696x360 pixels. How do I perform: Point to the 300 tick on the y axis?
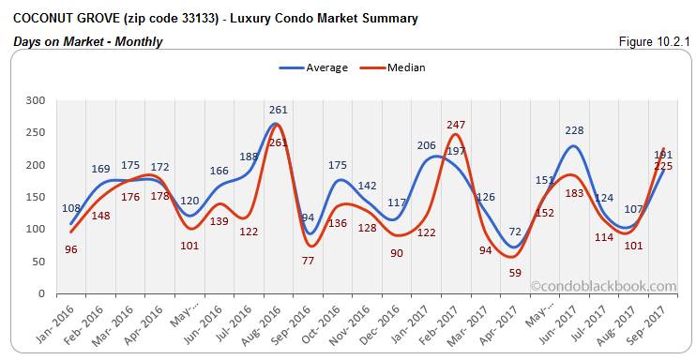tap(37, 100)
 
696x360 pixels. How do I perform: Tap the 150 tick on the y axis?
tap(37, 197)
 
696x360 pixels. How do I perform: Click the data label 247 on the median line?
tap(457, 124)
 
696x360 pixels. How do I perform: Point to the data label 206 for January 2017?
tap(426, 145)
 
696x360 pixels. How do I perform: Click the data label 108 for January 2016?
tap(71, 208)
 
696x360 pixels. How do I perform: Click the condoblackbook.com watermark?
tap(602, 287)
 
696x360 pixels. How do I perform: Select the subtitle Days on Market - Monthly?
tap(88, 42)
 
